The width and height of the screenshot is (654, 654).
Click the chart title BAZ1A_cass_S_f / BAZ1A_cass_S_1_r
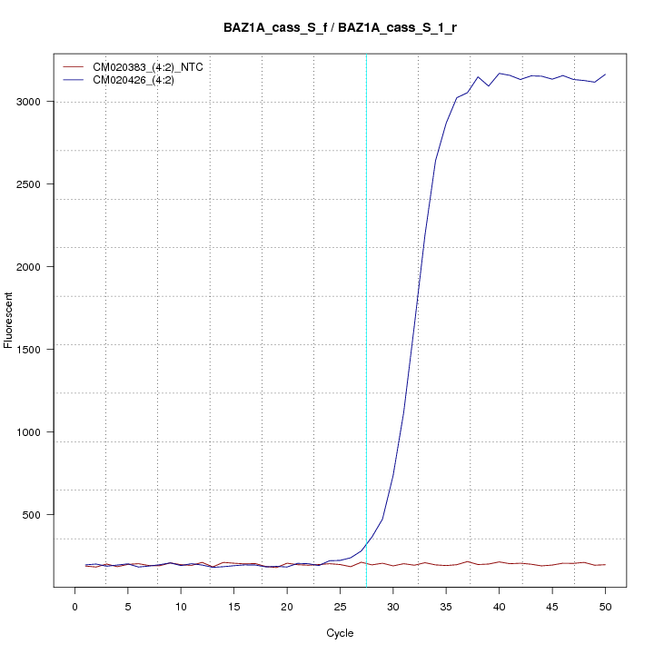[340, 27]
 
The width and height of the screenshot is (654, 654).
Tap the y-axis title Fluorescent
[9, 320]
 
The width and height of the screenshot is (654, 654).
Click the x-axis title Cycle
[339, 633]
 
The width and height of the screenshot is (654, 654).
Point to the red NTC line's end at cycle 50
[605, 565]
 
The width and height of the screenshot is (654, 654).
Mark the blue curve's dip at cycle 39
[489, 86]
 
